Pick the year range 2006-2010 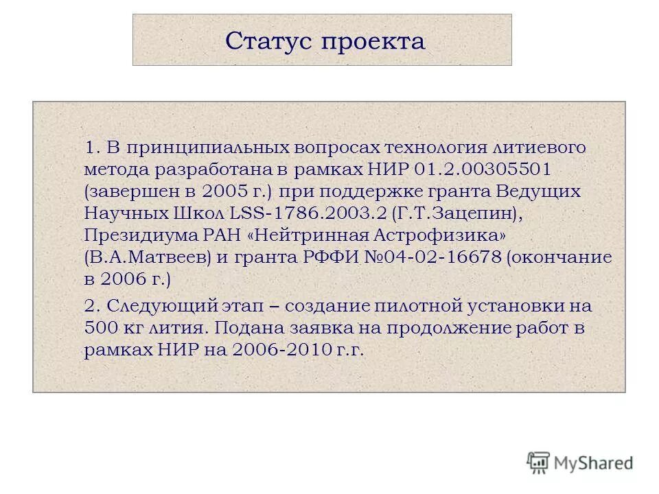[x=284, y=349]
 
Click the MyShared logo [x=580, y=462]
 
